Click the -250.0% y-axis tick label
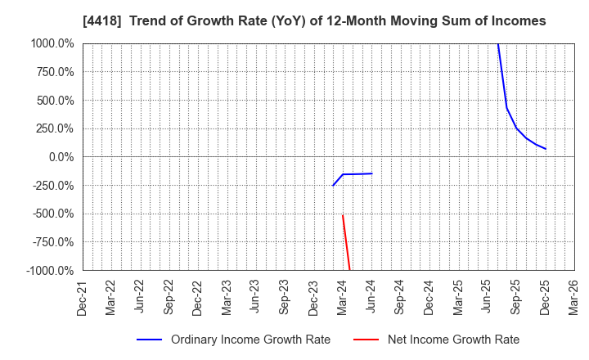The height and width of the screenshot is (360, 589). coord(52,186)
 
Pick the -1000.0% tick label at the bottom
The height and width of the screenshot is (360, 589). coord(49,271)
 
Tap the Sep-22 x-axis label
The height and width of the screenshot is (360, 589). coord(169,297)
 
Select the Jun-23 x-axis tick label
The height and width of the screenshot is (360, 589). coord(255,297)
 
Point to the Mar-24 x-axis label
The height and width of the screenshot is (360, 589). coord(342,297)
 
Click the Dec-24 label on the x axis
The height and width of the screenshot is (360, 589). coord(429,297)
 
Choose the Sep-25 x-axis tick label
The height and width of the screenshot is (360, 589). coord(515,297)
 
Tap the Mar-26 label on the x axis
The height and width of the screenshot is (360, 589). coord(573,297)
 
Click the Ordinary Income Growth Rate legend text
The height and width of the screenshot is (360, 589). coord(250,340)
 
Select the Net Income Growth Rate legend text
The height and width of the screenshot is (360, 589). coord(453,340)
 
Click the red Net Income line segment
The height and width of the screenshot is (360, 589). coord(346,242)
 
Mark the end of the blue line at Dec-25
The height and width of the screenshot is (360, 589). coord(546,149)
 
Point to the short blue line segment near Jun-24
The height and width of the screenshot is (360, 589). coord(357,173)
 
